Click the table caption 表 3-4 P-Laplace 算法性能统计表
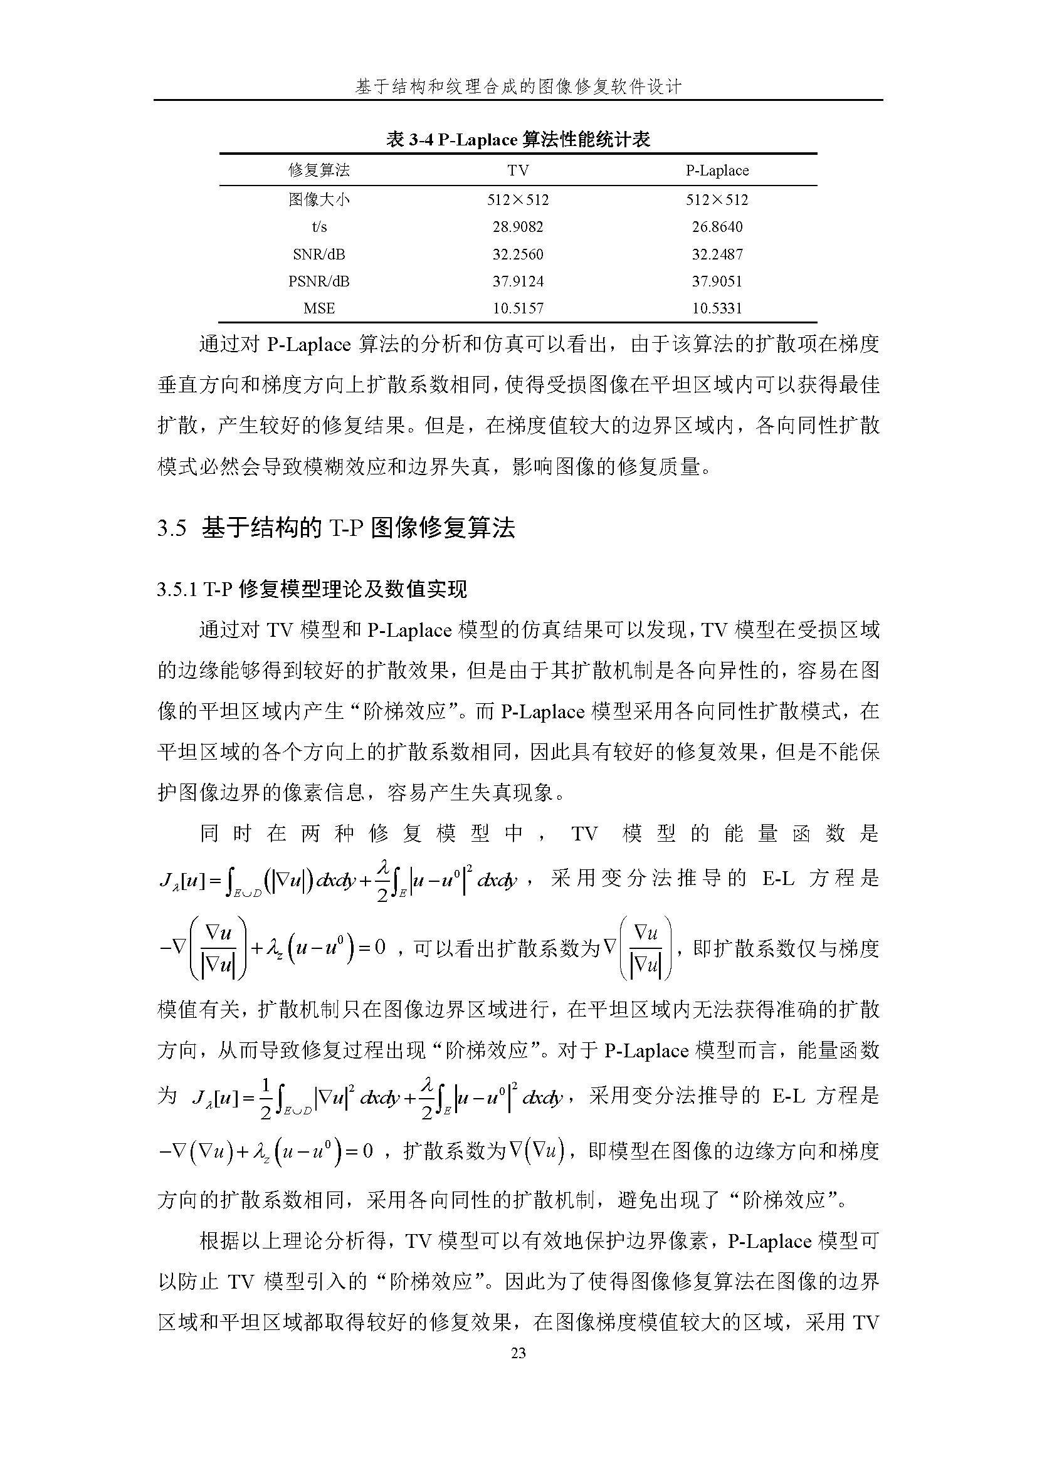click(518, 139)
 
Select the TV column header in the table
click(518, 170)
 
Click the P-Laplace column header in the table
click(717, 170)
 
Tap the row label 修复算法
click(319, 170)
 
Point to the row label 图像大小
click(319, 200)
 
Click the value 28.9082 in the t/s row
click(518, 227)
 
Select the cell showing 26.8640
click(717, 227)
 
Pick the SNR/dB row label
click(319, 254)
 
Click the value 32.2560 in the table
click(518, 254)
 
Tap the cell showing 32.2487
click(717, 254)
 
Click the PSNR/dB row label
click(319, 281)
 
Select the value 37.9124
click(518, 281)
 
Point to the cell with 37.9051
click(717, 281)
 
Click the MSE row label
click(319, 309)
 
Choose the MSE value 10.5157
click(518, 309)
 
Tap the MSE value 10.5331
click(717, 309)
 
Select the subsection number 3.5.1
click(177, 589)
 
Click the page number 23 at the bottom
click(518, 1353)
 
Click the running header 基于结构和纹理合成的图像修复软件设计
click(518, 87)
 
